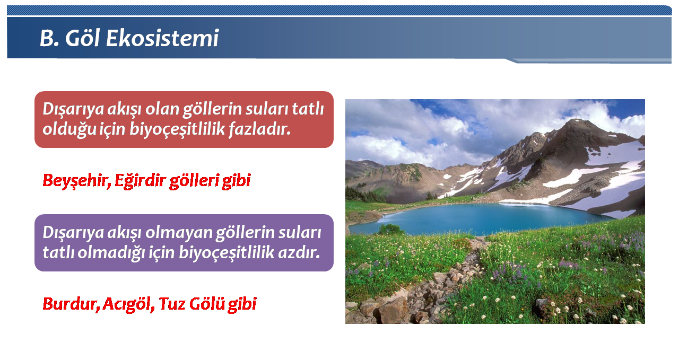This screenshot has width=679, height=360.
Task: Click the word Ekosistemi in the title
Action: pyautogui.click(x=162, y=38)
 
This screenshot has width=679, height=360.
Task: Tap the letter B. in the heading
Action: pyautogui.click(x=49, y=38)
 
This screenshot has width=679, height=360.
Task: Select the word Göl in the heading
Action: pyautogui.click(x=82, y=38)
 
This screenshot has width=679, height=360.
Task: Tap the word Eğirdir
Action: pyautogui.click(x=141, y=181)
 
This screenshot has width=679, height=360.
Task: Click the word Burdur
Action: pyautogui.click(x=71, y=304)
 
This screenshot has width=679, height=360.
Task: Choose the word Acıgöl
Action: pyautogui.click(x=128, y=304)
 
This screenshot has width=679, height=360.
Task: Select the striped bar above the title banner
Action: pyautogui.click(x=339, y=11)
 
